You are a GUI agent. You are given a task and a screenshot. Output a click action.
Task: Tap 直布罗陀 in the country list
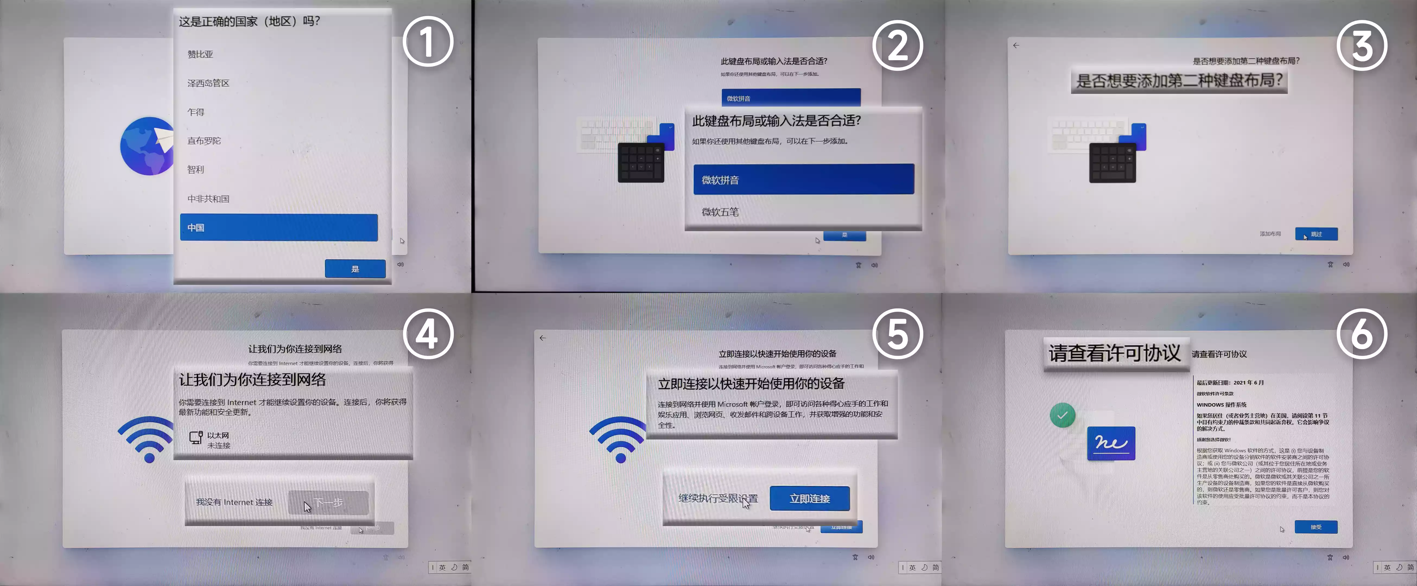(204, 141)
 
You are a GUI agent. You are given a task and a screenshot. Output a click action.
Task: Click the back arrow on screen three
(1016, 46)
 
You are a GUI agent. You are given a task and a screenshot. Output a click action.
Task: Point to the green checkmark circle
(1062, 416)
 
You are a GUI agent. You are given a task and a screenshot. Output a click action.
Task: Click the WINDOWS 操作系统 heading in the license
(1221, 405)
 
